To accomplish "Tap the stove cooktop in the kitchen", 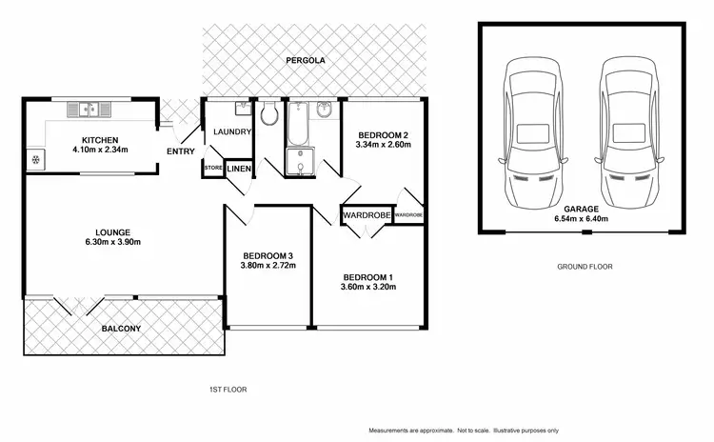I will pyautogui.click(x=37, y=158).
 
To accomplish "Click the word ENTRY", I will pyautogui.click(x=180, y=151).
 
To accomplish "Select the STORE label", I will pyautogui.click(x=212, y=169).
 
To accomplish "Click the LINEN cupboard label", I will pyautogui.click(x=238, y=169).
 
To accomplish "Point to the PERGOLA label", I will pyautogui.click(x=307, y=60).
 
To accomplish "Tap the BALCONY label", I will pyautogui.click(x=121, y=329).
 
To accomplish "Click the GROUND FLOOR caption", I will pyautogui.click(x=585, y=268).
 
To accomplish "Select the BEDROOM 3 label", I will pyautogui.click(x=268, y=255).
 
